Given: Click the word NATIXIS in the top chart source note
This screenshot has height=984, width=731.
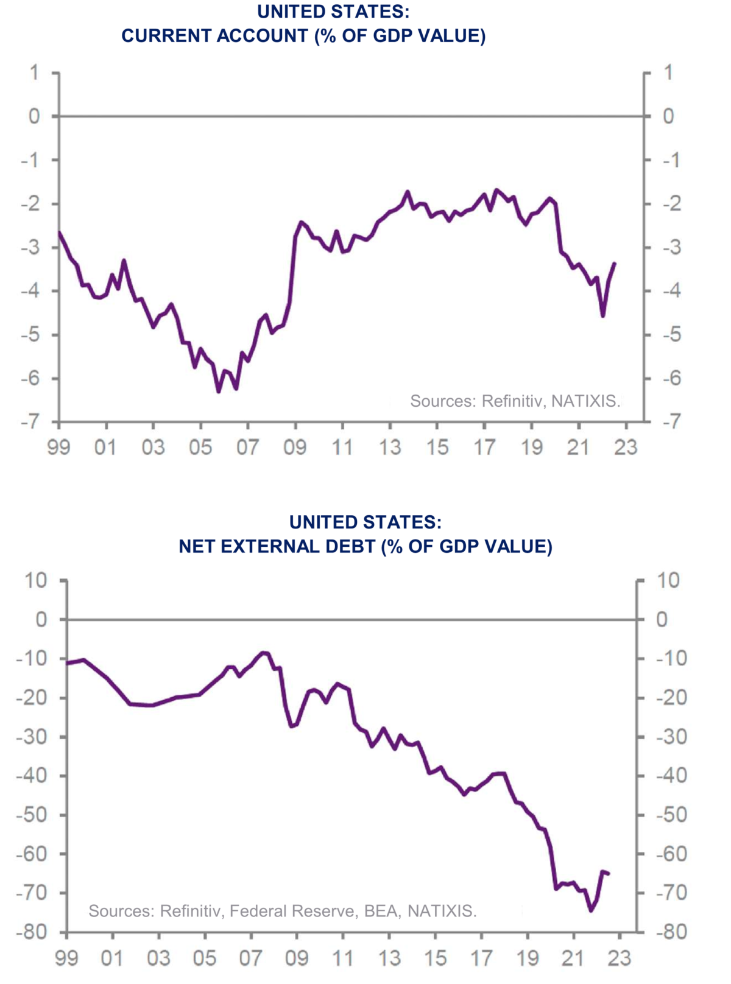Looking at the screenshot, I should coord(585,401).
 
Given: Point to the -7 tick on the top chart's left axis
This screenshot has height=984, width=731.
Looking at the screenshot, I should coord(30,421).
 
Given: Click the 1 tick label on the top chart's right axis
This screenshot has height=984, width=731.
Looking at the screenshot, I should coord(668,73).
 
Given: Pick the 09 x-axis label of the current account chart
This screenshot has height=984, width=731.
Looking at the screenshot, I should coord(295,448).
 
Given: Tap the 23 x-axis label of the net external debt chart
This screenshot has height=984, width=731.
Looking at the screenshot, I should coord(620,958).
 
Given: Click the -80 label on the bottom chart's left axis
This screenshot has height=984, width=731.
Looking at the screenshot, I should coord(31,932).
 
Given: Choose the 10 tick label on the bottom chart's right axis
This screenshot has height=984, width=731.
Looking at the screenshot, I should coord(668,580).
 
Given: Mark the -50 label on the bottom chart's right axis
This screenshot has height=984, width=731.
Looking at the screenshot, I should coord(671,815).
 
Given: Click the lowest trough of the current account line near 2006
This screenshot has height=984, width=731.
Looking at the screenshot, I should coord(219,392).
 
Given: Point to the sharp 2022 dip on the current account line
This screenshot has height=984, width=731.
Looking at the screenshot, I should coord(603,316).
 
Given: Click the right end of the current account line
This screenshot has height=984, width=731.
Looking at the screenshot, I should coord(615,263).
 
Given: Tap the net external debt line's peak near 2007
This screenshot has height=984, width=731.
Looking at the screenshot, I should coord(263,652).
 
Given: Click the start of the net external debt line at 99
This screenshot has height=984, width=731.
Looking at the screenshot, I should coord(67,662).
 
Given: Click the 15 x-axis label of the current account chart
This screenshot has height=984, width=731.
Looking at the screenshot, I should coord(437,448).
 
